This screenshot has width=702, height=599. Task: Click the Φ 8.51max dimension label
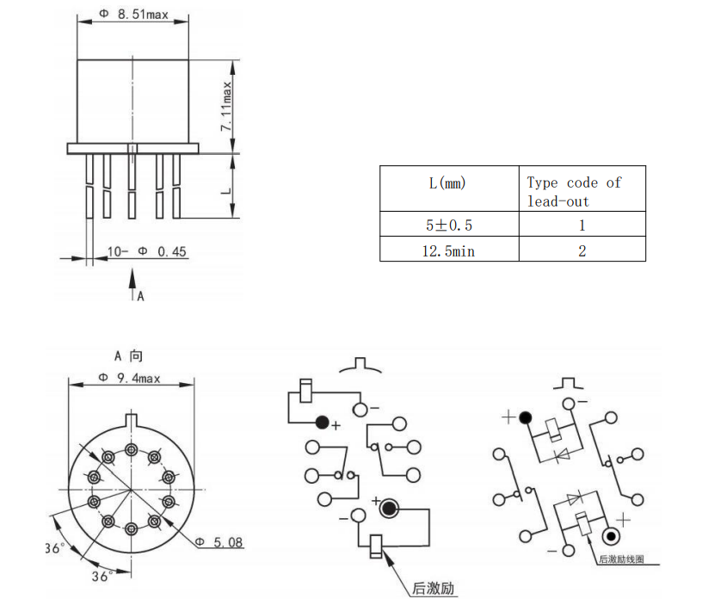pos(133,14)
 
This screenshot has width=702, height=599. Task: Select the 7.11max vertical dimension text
pos(227,106)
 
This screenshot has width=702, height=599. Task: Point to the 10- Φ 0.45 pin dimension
pos(147,251)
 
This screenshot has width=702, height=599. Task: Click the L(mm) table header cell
pos(448,182)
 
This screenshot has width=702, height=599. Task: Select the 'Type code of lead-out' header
pos(573,191)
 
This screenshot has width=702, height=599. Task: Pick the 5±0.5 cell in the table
pos(449,225)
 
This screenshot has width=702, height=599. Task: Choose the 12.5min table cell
pos(449,250)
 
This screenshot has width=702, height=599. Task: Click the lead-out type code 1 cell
pos(582,225)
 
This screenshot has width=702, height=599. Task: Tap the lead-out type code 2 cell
pos(582,250)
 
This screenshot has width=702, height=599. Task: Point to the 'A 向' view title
pos(129,355)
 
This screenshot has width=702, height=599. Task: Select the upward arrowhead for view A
pos(132,278)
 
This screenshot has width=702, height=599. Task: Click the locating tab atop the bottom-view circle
pos(131,421)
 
